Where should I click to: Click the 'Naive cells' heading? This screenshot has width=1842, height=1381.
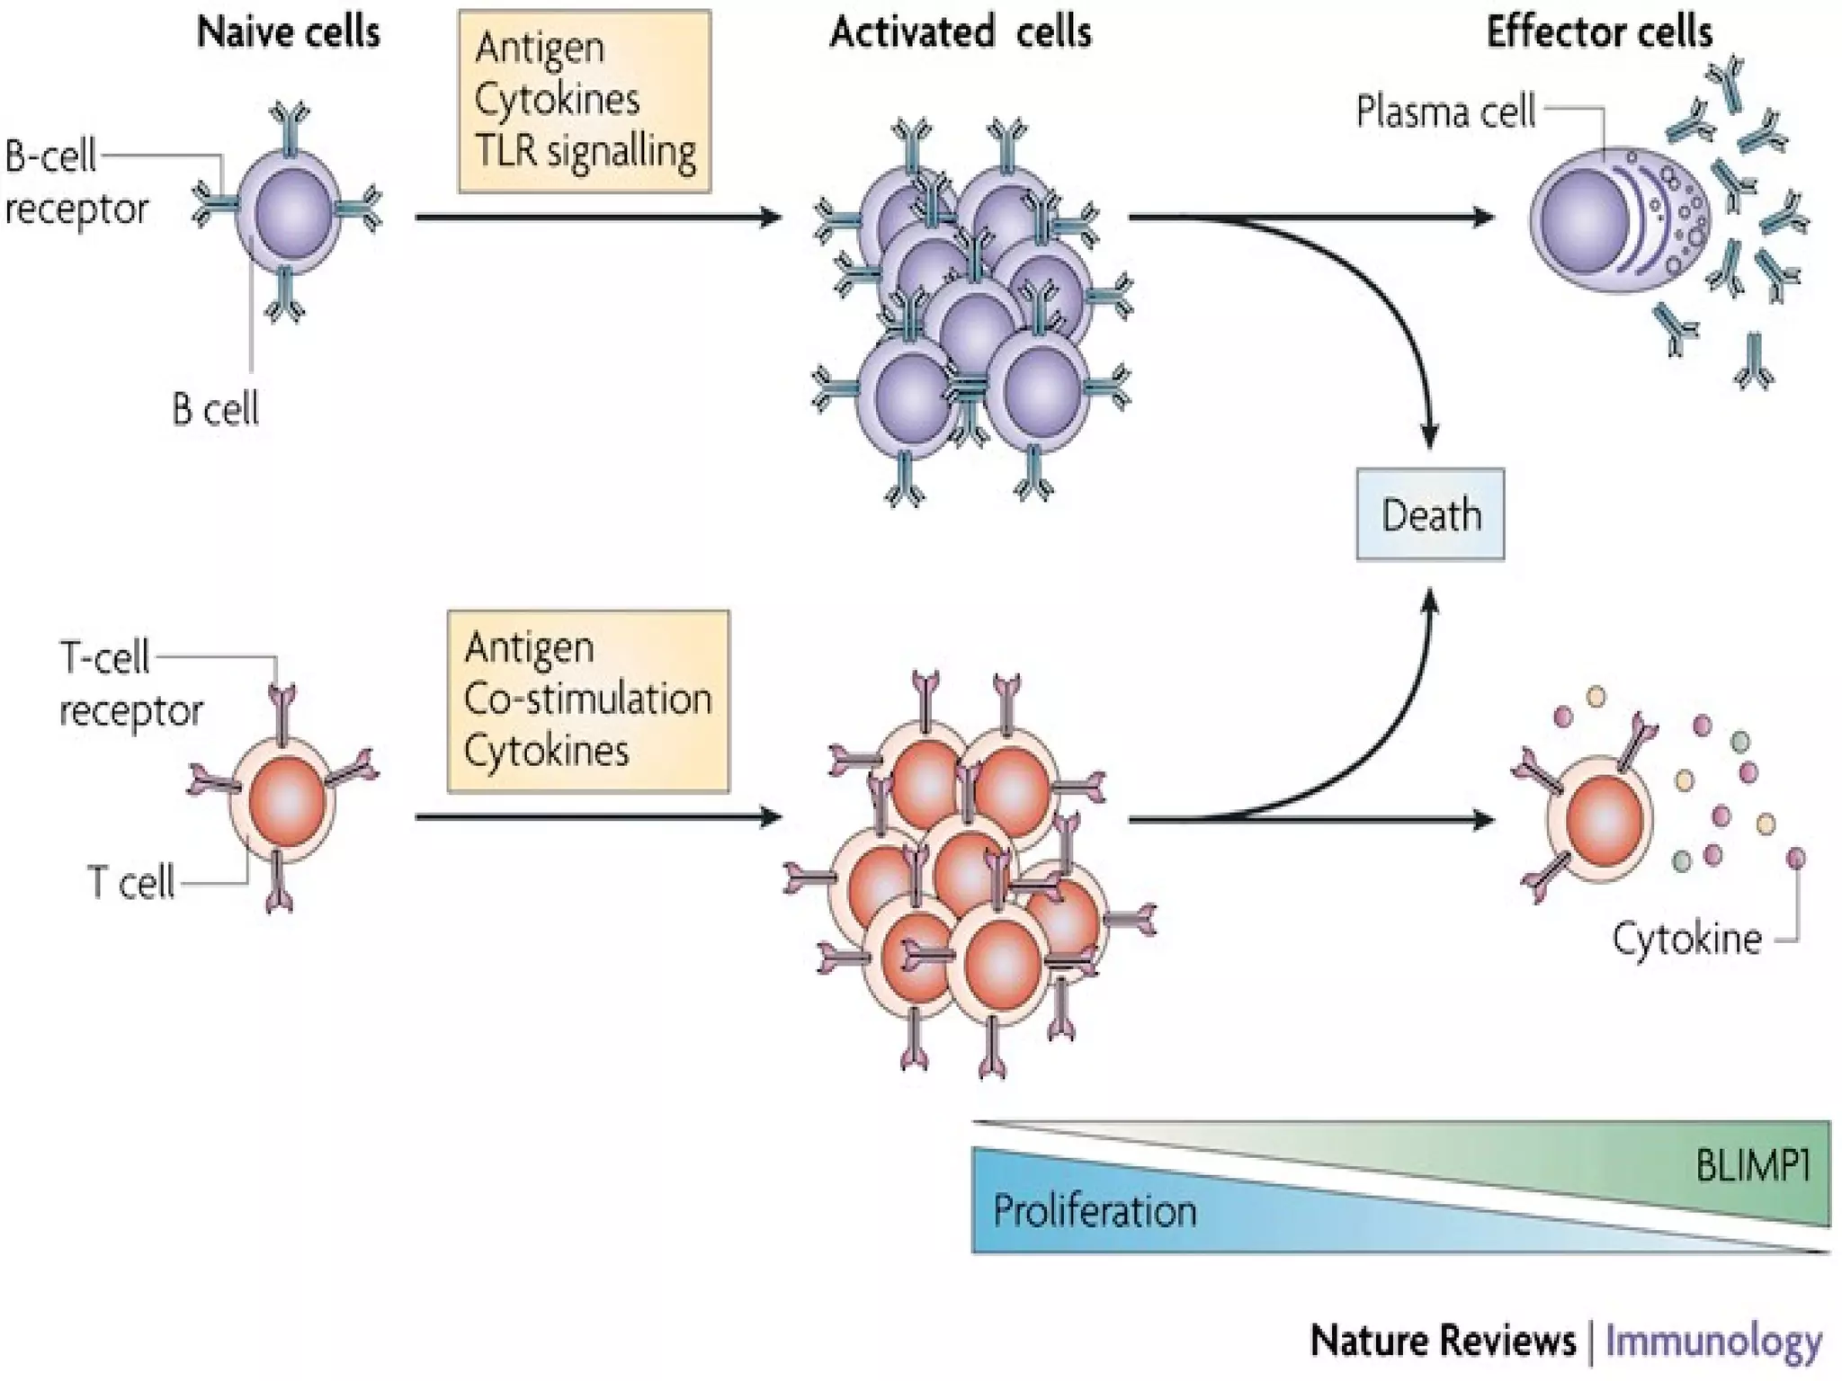click(x=288, y=32)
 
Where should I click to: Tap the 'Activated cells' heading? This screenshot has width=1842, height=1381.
click(x=960, y=32)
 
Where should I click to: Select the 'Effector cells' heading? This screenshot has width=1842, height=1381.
click(x=1598, y=32)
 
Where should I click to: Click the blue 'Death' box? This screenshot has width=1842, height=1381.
click(x=1430, y=515)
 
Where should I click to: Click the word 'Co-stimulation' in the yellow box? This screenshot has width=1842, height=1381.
click(x=587, y=699)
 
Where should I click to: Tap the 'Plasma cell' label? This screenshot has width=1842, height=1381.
click(x=1445, y=112)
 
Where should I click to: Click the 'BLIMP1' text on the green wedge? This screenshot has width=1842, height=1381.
click(x=1752, y=1166)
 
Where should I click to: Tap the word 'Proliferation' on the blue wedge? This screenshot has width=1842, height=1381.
click(x=1095, y=1211)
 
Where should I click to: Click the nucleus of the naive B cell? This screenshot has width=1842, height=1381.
click(x=292, y=214)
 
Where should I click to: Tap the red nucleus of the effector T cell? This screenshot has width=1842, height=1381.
click(x=1605, y=820)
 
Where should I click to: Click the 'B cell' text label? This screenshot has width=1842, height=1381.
click(x=215, y=409)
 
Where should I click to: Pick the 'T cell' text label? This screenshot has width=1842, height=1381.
click(x=131, y=882)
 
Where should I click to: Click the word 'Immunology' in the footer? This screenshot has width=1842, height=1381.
click(x=1713, y=1341)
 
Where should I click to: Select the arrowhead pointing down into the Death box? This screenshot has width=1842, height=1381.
click(x=1430, y=437)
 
